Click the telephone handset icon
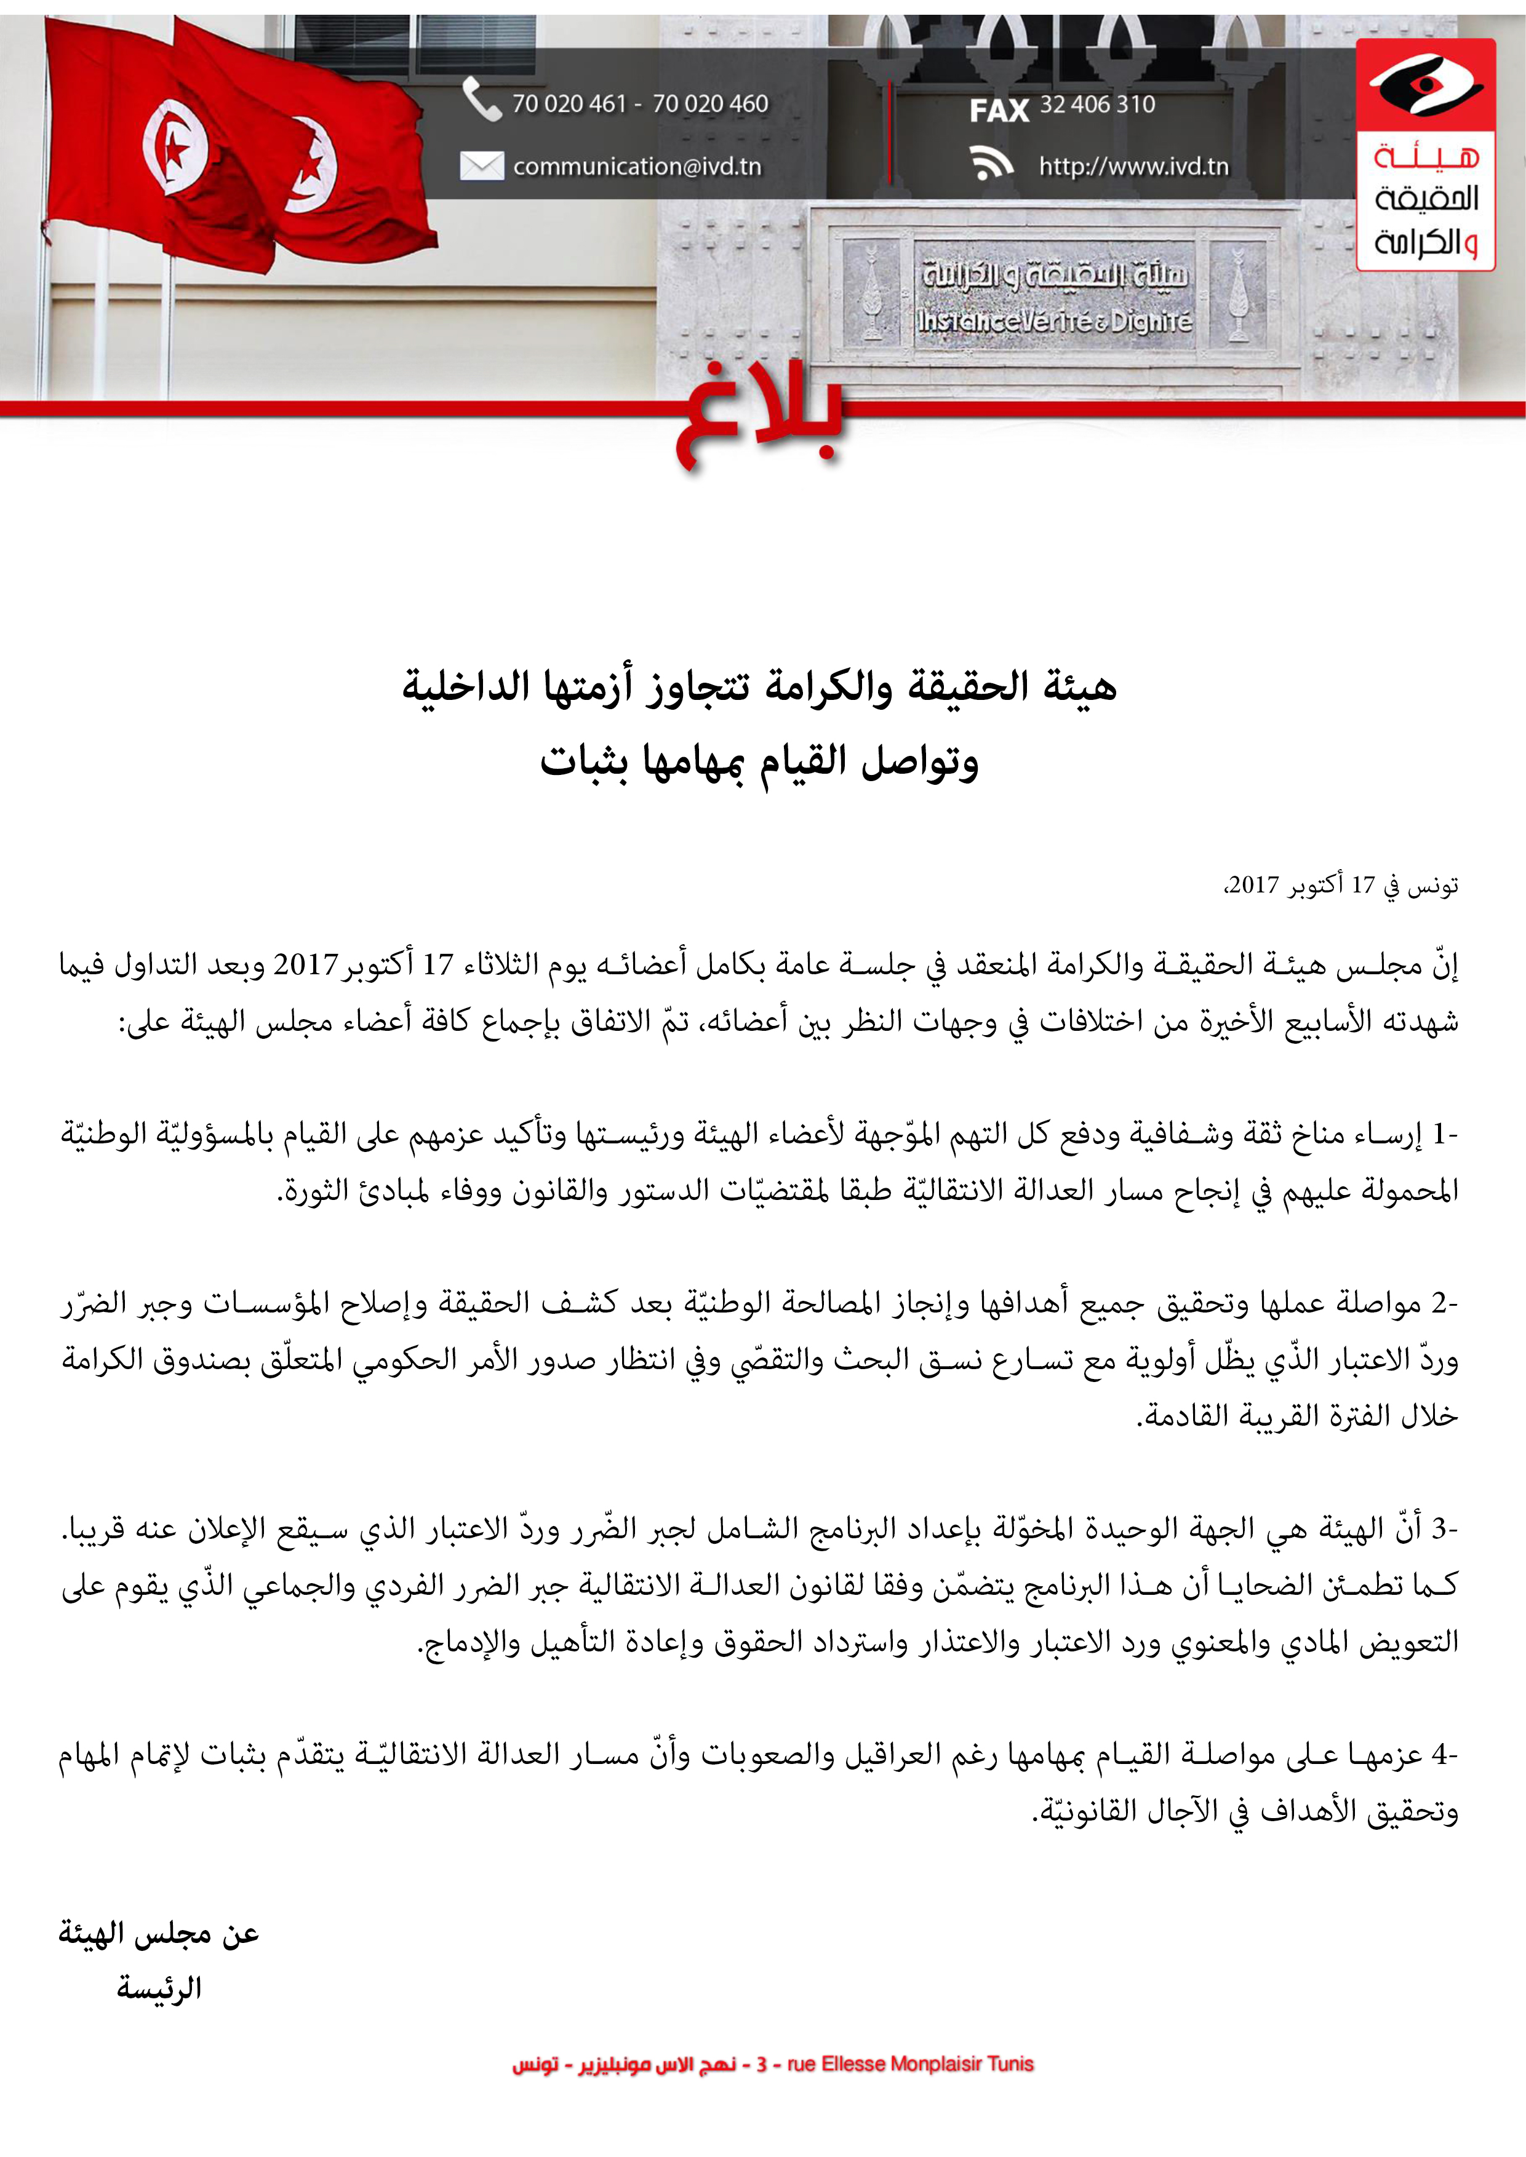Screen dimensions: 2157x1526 click(x=482, y=100)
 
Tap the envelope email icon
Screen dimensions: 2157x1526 click(x=481, y=166)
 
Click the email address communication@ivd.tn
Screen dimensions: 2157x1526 click(x=637, y=166)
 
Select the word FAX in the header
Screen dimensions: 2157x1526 click(x=999, y=111)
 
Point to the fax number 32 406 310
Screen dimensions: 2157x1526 click(x=1097, y=105)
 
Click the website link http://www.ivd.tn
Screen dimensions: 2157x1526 click(x=1133, y=166)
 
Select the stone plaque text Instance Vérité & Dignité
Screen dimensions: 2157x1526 click(x=1054, y=321)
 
